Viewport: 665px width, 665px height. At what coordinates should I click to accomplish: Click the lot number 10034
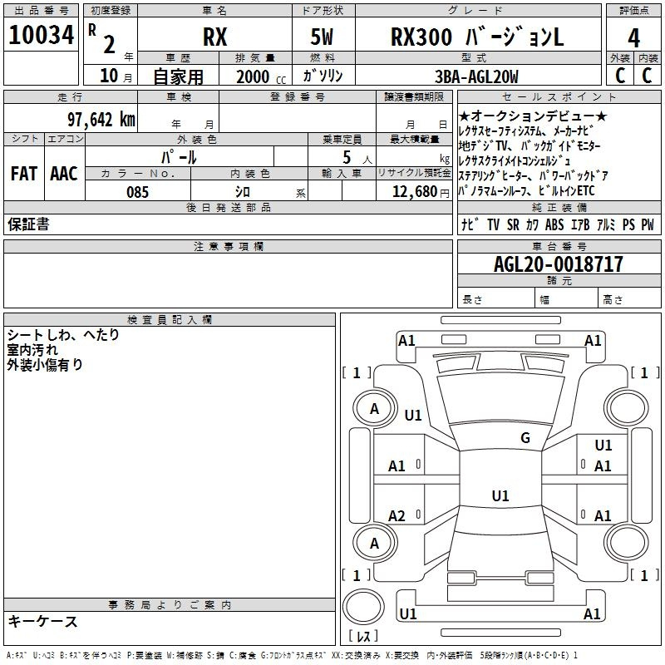[x=42, y=37]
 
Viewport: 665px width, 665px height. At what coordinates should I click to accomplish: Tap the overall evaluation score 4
[x=634, y=38]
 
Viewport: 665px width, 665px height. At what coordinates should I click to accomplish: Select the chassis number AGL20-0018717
[x=558, y=265]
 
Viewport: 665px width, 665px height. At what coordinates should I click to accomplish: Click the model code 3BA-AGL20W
[x=477, y=76]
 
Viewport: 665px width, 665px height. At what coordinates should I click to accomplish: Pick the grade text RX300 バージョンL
[x=477, y=37]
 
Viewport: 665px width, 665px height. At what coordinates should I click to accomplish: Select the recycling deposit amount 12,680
[x=413, y=192]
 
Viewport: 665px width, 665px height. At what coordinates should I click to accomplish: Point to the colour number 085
[x=137, y=192]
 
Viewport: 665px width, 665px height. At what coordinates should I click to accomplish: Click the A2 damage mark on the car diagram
[x=397, y=516]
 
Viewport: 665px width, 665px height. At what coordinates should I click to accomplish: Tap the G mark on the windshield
[x=525, y=437]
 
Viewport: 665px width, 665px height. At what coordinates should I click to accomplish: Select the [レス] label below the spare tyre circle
[x=363, y=637]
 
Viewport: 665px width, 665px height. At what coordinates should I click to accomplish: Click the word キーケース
[x=42, y=621]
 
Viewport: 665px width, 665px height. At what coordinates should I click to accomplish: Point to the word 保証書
[x=28, y=224]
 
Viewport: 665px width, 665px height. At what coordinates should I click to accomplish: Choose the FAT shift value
[x=23, y=173]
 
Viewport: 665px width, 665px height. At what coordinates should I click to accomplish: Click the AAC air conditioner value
[x=63, y=173]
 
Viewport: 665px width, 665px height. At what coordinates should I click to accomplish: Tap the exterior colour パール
[x=179, y=155]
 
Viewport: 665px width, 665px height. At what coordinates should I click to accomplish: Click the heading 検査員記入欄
[x=170, y=319]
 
